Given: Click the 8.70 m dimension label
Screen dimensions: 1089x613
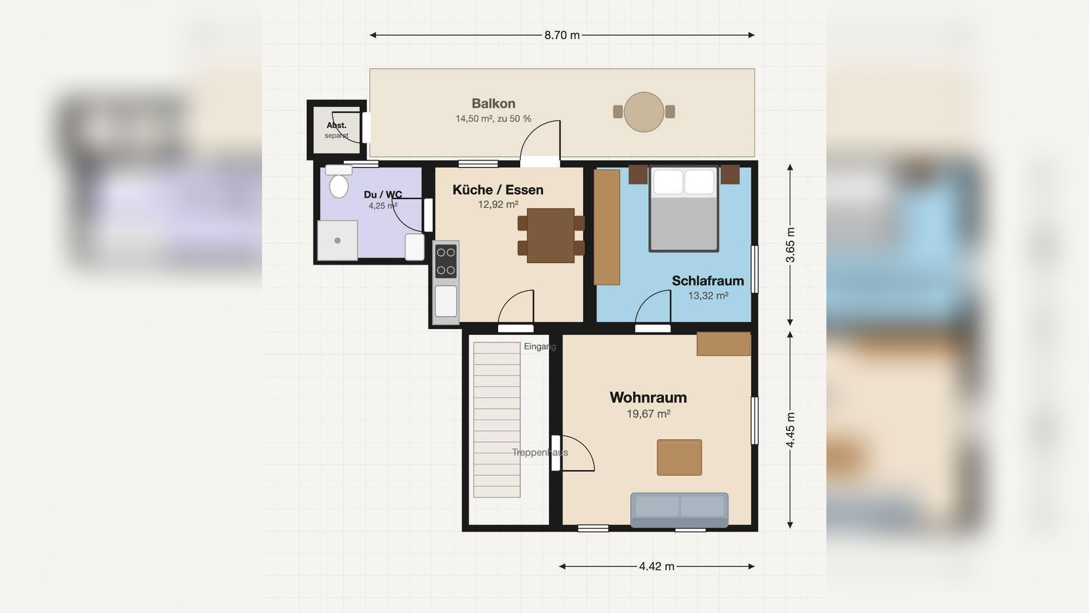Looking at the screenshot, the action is (x=562, y=35).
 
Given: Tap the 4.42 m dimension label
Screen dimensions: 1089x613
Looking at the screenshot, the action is (x=657, y=566).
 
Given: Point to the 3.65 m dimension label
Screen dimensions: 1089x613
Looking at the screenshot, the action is (x=791, y=245).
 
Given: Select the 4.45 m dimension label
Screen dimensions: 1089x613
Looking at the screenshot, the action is (x=791, y=429).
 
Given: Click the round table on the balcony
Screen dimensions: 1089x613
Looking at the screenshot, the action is (x=644, y=112).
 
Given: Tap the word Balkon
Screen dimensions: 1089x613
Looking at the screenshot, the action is (x=493, y=103).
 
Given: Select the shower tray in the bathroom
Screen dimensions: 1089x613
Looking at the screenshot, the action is (x=337, y=240).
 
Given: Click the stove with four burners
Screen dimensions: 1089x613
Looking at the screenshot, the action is (x=446, y=261).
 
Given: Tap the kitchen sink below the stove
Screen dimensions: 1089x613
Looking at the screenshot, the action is (x=446, y=301).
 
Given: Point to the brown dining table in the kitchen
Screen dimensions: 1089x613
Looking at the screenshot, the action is (x=551, y=236).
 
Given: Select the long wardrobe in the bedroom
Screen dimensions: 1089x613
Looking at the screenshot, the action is (x=607, y=227).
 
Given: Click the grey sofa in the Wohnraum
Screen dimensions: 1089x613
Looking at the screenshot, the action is (x=679, y=510).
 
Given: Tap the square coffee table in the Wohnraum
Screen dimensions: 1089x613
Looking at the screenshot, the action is (x=679, y=457).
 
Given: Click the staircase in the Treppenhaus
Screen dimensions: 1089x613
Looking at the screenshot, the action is (x=497, y=420).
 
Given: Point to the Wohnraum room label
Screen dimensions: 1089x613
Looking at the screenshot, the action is (x=648, y=397).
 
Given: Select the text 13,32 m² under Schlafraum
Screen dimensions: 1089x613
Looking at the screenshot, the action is (x=708, y=296).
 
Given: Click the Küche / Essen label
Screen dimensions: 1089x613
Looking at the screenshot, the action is (x=498, y=190).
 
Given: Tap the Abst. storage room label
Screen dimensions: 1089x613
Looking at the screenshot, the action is (x=336, y=125).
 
